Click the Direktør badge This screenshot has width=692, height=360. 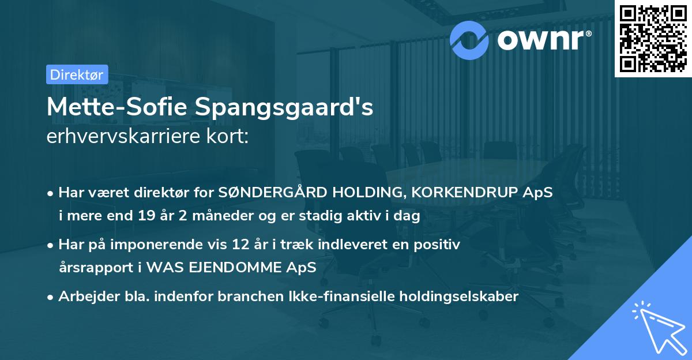pyautogui.click(x=77, y=74)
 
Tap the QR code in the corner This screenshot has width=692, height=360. pyautogui.click(x=653, y=38)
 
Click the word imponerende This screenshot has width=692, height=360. pyautogui.click(x=183, y=245)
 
